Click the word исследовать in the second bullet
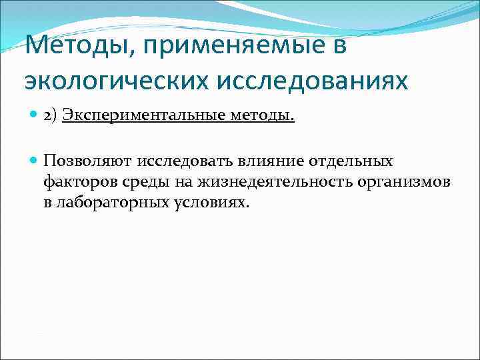[183, 161]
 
